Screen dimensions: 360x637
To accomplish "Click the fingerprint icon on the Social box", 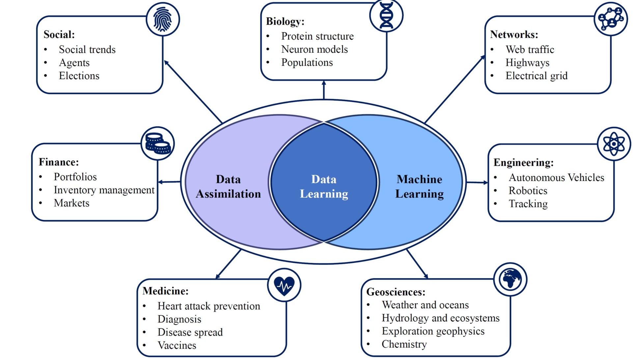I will (x=163, y=19).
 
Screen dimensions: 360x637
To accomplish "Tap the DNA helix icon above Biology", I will (x=386, y=15).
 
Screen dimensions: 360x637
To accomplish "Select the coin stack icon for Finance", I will (x=158, y=143).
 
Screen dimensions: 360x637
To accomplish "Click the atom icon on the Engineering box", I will (x=614, y=144).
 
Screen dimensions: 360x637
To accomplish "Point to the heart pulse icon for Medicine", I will (x=284, y=285).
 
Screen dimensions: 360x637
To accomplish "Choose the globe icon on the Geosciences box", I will (x=510, y=279).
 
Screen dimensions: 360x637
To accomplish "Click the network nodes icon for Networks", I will (x=611, y=19).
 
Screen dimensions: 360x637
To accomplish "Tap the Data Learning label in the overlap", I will (x=324, y=187).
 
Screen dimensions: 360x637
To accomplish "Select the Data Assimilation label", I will (x=228, y=187).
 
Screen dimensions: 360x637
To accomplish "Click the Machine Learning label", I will (x=419, y=187).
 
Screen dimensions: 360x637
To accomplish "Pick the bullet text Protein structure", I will (x=317, y=36).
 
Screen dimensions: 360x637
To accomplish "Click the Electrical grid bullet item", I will (x=536, y=76).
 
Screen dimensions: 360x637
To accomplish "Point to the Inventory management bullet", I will (x=104, y=190).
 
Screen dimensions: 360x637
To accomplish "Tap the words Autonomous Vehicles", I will (x=556, y=178).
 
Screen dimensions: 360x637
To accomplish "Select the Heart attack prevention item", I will (x=208, y=306).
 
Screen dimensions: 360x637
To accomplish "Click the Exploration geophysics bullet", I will (x=433, y=331).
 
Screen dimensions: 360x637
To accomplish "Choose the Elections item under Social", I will (x=79, y=76).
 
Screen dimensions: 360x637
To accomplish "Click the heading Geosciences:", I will (x=396, y=292).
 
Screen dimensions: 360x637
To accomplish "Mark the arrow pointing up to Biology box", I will (x=324, y=90).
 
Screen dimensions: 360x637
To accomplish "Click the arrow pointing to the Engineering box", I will (x=477, y=182).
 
